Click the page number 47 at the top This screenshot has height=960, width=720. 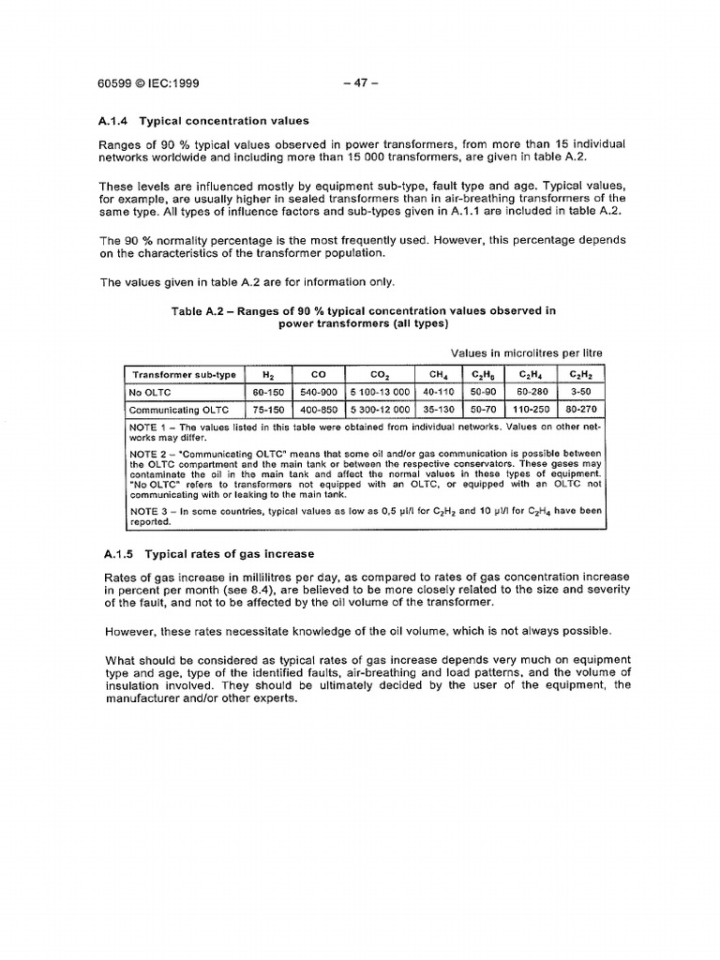361,82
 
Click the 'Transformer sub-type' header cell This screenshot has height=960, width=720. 184,373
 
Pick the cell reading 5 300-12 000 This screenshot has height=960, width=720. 380,409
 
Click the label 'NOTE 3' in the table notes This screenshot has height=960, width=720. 147,512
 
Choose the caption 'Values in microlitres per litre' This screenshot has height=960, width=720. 527,352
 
